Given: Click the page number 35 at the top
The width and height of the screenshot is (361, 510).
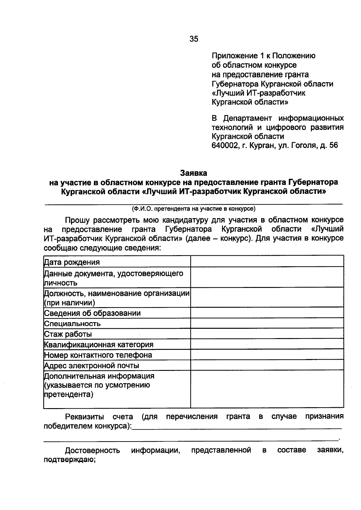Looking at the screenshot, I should pos(194,39).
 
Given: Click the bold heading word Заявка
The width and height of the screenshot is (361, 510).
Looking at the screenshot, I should pos(193,173).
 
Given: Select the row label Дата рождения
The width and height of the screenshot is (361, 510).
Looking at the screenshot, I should pos(72,262).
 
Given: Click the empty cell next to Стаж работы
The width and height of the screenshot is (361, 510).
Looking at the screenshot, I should pos(267,334).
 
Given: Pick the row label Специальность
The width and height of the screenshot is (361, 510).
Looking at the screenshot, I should pos(73,324).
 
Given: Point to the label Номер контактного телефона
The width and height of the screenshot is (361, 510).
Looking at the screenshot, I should pos(98,355).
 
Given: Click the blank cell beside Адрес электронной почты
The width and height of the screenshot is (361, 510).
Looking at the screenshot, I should pos(267,365).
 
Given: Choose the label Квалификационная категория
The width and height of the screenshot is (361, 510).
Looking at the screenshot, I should pos(99,344).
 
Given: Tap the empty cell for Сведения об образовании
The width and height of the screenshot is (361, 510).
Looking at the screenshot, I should pos(267,313).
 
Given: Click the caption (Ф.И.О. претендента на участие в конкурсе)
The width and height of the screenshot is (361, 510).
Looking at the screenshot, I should pos(193,208).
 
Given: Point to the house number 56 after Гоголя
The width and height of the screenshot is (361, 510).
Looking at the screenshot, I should pos(334,145).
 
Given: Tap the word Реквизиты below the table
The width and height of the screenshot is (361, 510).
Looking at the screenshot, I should pos(85,417).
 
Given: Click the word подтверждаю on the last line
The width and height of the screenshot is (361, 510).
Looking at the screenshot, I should pos(69,460).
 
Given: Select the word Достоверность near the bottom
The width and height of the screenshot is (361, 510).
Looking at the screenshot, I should pos(92,450).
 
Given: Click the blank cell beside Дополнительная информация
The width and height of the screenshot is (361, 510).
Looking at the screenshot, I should pos(267,389).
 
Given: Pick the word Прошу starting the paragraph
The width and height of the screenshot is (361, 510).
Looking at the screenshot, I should pos(77,220).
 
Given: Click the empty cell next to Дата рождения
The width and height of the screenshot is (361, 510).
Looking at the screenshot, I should pos(267,261).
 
